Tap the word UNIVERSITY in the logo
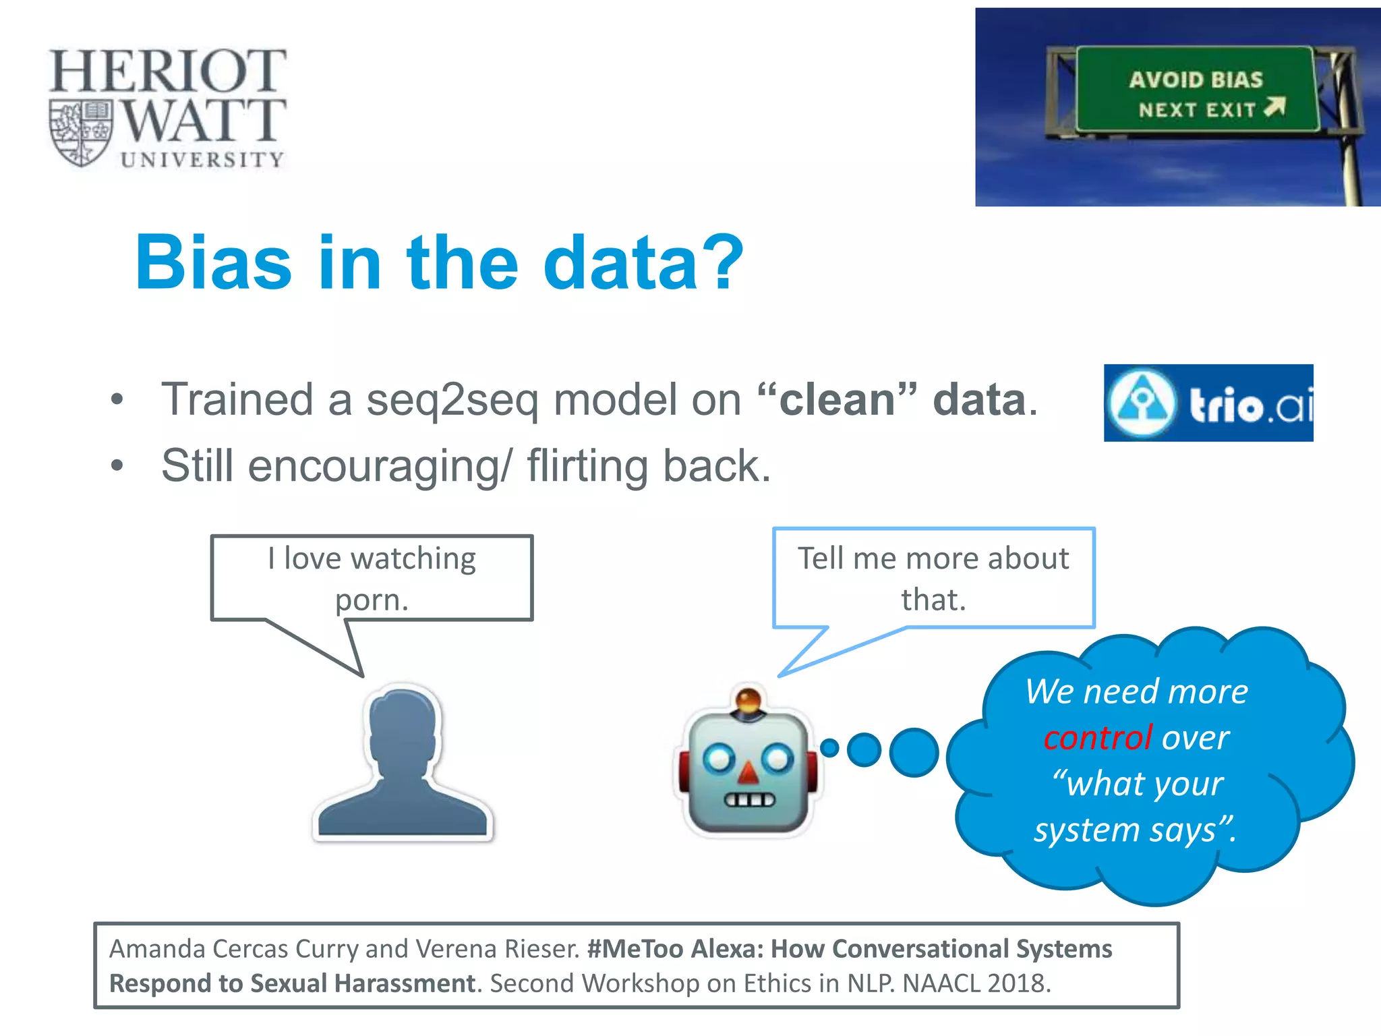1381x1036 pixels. pyautogui.click(x=202, y=160)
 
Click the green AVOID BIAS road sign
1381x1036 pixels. pyautogui.click(x=1196, y=90)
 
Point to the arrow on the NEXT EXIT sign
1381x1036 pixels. pyautogui.click(x=1275, y=107)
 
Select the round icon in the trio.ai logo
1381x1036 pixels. pyautogui.click(x=1141, y=403)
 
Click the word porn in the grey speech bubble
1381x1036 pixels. pyautogui.click(x=371, y=600)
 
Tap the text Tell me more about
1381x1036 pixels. pyautogui.click(x=933, y=558)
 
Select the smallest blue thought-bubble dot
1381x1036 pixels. pyautogui.click(x=829, y=747)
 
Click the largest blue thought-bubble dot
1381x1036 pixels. pyautogui.click(x=914, y=752)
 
